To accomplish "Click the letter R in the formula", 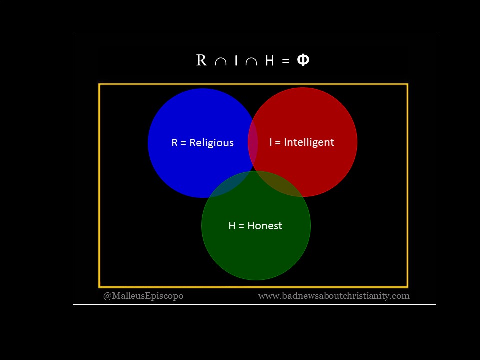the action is click(x=201, y=60).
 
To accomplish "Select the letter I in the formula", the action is click(x=236, y=60).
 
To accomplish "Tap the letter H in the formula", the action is click(x=269, y=60).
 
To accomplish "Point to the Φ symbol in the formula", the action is click(x=303, y=60).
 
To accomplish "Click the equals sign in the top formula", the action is click(x=285, y=61).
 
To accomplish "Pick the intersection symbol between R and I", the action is click(x=220, y=61).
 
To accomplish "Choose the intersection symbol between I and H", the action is click(x=251, y=61).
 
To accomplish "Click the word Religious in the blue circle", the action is click(x=211, y=143).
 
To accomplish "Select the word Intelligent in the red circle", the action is click(x=309, y=142).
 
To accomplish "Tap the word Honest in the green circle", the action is click(x=265, y=226).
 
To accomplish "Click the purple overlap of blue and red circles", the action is click(x=253, y=142).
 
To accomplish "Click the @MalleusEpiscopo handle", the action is click(x=143, y=296).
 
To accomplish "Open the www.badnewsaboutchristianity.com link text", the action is click(x=334, y=296).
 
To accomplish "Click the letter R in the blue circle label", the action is click(x=175, y=143).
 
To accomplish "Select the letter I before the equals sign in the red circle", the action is click(x=271, y=142).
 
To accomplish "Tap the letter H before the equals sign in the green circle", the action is click(x=232, y=226).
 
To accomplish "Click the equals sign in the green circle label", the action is click(x=241, y=226).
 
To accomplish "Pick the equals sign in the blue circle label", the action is click(x=183, y=143).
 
